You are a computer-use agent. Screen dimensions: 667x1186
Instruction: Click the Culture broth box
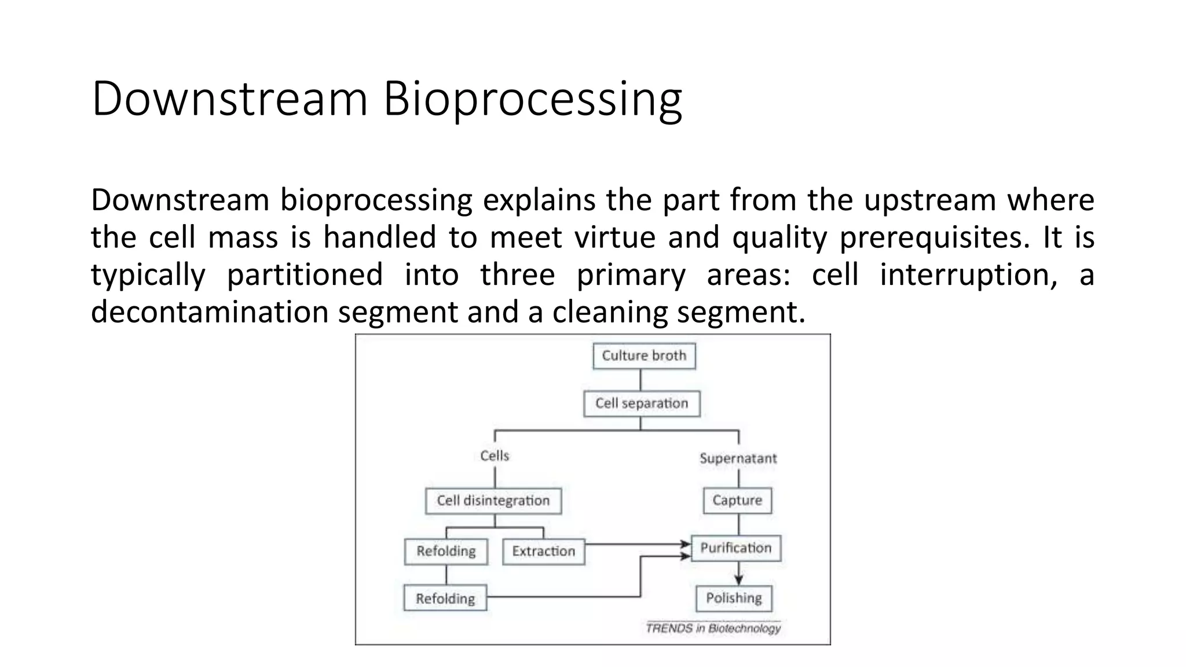[644, 356]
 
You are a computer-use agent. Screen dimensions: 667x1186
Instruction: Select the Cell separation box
[642, 404]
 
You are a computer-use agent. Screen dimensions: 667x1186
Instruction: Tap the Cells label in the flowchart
[495, 456]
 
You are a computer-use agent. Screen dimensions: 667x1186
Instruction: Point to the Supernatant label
[738, 458]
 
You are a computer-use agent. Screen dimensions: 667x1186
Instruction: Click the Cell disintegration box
[493, 501]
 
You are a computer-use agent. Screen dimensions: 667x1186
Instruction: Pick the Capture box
[737, 500]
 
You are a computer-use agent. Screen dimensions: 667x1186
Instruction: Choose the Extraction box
[543, 551]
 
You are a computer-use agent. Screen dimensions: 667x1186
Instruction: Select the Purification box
[736, 548]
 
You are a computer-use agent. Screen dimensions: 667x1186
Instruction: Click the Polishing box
[734, 598]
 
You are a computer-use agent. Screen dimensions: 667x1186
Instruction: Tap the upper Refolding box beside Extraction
[446, 551]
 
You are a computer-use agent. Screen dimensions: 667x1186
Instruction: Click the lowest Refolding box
[445, 599]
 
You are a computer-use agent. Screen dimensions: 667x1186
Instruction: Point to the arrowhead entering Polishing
[738, 580]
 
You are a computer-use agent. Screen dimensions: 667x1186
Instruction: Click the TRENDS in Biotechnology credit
[713, 628]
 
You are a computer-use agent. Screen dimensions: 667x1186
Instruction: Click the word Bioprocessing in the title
[532, 98]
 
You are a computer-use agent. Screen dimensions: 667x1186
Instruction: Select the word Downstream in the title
[230, 98]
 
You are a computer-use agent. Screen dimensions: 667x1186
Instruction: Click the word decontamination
[210, 312]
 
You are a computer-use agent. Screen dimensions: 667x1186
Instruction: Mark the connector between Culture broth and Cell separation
[640, 380]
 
